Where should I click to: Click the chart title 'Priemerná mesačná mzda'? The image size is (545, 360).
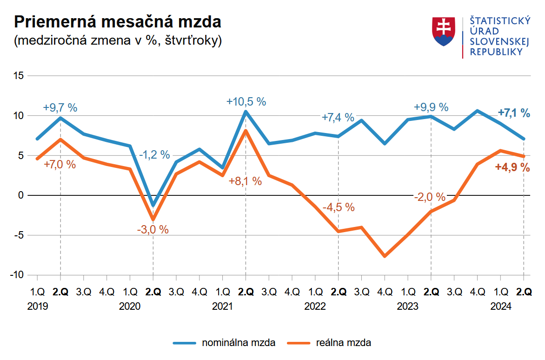click(117, 22)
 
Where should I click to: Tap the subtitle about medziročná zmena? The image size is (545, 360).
click(118, 41)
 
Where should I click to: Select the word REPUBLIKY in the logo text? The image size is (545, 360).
click(496, 52)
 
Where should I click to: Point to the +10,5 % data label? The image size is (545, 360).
click(246, 101)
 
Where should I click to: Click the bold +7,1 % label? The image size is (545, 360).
click(514, 113)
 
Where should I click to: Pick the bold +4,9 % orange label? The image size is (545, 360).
click(512, 167)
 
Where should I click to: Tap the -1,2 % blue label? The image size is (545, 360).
click(154, 155)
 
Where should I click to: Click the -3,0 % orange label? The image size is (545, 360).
click(153, 229)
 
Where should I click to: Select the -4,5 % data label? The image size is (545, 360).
click(339, 207)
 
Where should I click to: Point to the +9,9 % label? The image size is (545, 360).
click(431, 107)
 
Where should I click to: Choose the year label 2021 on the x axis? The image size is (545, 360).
click(222, 307)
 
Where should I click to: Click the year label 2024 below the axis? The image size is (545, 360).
click(500, 307)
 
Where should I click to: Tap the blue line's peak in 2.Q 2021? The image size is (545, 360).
click(246, 112)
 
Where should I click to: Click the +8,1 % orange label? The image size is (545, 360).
click(245, 181)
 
